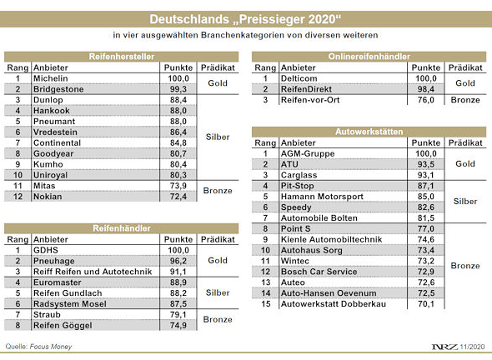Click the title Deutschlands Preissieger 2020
pyautogui.click(x=245, y=18)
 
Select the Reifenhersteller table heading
pyautogui.click(x=123, y=56)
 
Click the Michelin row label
pyautogui.click(x=51, y=77)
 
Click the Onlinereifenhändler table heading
pyautogui.click(x=369, y=56)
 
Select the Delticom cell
pyautogui.click(x=301, y=77)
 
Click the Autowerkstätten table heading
pyautogui.click(x=369, y=132)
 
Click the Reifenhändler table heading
pyautogui.click(x=123, y=227)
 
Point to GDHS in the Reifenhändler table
pyautogui.click(x=46, y=249)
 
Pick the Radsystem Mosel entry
pyautogui.click(x=69, y=303)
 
